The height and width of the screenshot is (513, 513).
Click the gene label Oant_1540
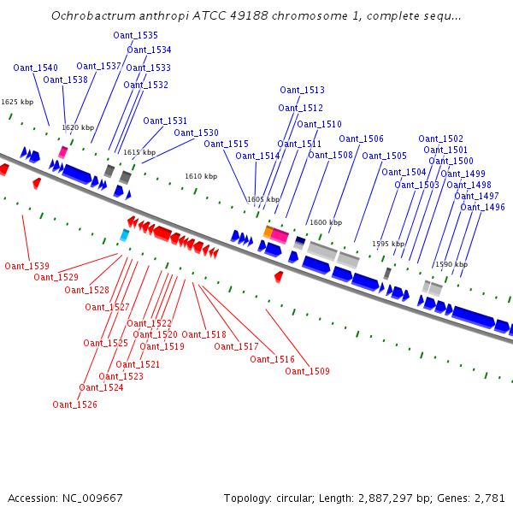pos(36,68)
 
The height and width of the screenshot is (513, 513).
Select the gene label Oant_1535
pos(135,35)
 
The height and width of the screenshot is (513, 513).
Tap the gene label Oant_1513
pos(302,90)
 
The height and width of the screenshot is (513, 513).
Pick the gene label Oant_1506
pos(361,139)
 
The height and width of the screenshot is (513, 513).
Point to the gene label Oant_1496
pos(482,207)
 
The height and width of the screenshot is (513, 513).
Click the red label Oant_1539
pos(27,266)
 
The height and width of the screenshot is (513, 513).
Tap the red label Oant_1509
pos(307,371)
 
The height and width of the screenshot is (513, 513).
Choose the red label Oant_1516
pos(272,359)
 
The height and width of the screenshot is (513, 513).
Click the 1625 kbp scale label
pos(16,102)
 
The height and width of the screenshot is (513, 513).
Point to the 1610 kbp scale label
pos(201,176)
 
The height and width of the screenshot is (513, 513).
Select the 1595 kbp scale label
pos(387,244)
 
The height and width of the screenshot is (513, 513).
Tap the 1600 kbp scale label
pos(325,222)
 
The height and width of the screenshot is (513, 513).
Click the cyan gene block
pos(124,234)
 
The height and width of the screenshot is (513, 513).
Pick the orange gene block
pos(268,232)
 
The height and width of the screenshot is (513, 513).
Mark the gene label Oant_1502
pos(440,139)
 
